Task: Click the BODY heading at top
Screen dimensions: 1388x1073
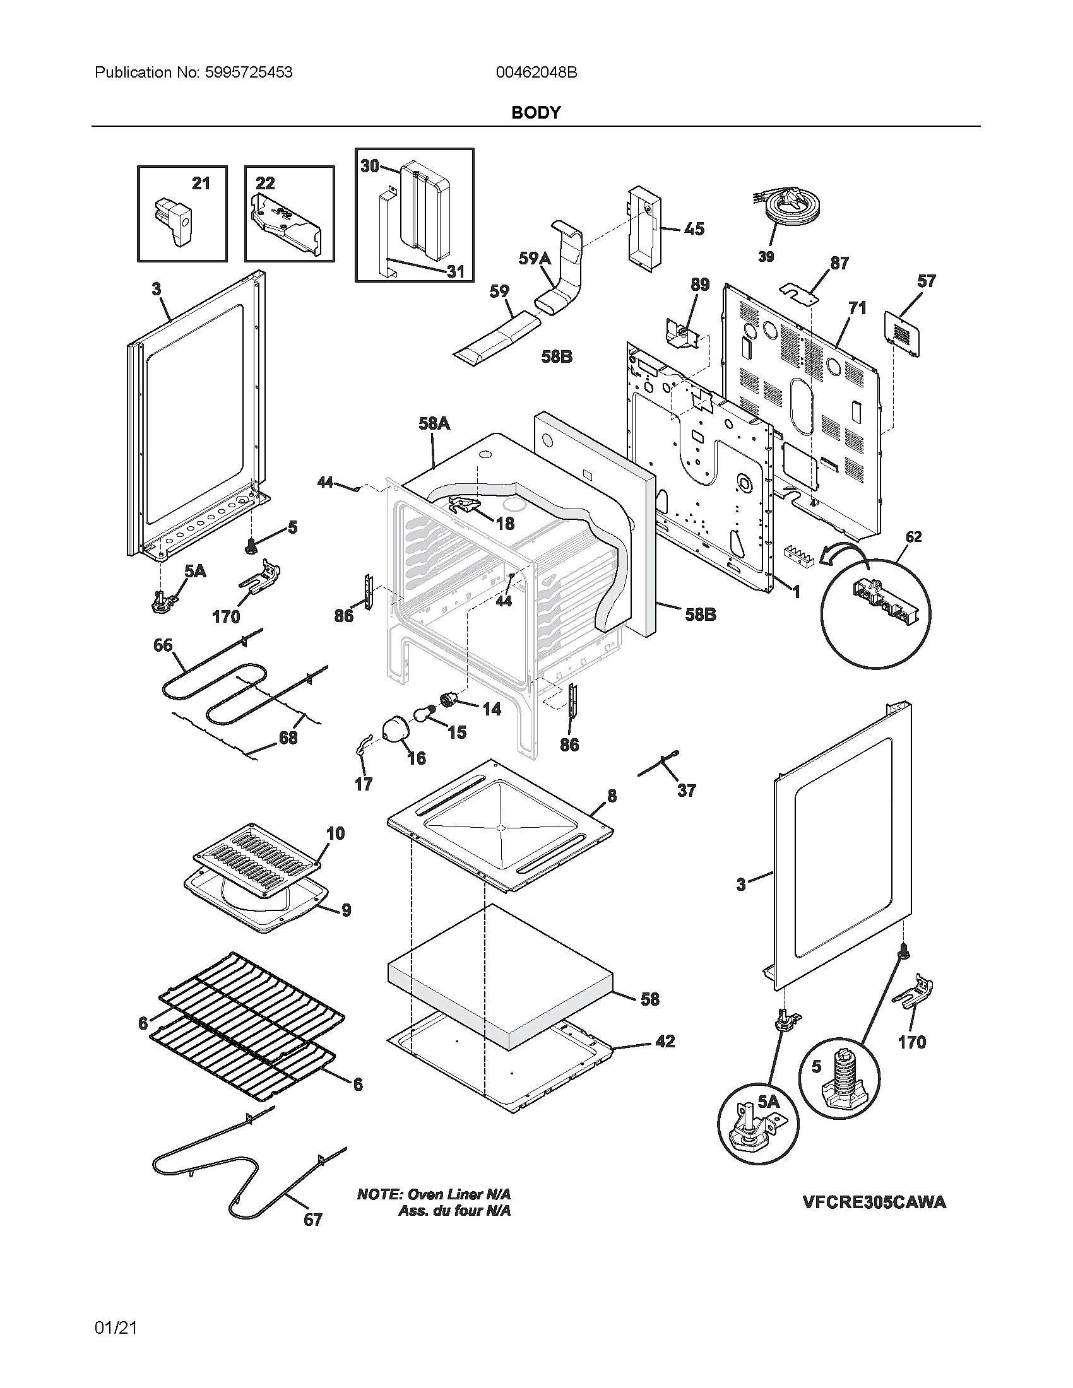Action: point(536,112)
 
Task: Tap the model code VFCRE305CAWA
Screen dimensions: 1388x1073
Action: point(874,1203)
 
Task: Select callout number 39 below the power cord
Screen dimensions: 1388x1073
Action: point(766,256)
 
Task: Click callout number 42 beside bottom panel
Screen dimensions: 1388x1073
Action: point(664,1041)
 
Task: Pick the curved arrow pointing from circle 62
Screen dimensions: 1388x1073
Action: point(845,555)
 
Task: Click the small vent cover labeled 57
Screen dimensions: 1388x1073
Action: point(902,333)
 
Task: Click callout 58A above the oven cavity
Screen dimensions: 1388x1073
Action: point(434,423)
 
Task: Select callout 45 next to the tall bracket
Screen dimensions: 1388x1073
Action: point(694,229)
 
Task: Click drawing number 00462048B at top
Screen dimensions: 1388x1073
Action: point(536,73)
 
